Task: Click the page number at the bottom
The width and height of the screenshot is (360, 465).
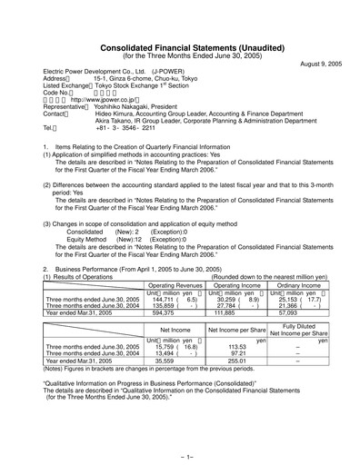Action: tap(180, 451)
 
